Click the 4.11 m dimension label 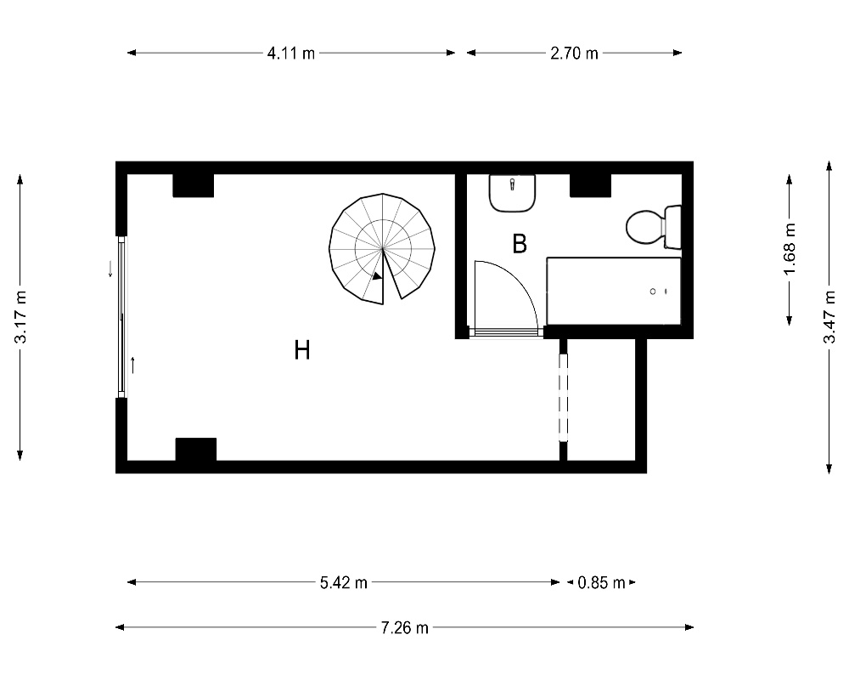pyautogui.click(x=290, y=54)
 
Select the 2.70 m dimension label pyautogui.click(x=574, y=54)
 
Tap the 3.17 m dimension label pyautogui.click(x=20, y=317)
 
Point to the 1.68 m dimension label pyautogui.click(x=790, y=249)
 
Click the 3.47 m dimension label pyautogui.click(x=829, y=317)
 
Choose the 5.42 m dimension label pyautogui.click(x=343, y=583)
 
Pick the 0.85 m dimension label pyautogui.click(x=601, y=583)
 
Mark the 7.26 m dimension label pyautogui.click(x=404, y=628)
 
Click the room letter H pyautogui.click(x=302, y=350)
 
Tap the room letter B pyautogui.click(x=520, y=244)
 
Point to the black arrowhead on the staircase pyautogui.click(x=377, y=276)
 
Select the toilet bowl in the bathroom pyautogui.click(x=645, y=227)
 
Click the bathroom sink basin pyautogui.click(x=512, y=193)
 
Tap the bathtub pyautogui.click(x=614, y=292)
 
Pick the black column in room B pyautogui.click(x=591, y=185)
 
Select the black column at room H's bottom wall pyautogui.click(x=196, y=450)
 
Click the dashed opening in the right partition pyautogui.click(x=563, y=397)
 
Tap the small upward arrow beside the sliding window pyautogui.click(x=132, y=365)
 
